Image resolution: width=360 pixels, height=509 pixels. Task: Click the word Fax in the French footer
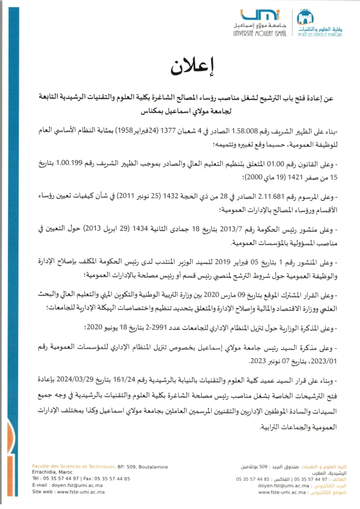click(x=87, y=479)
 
